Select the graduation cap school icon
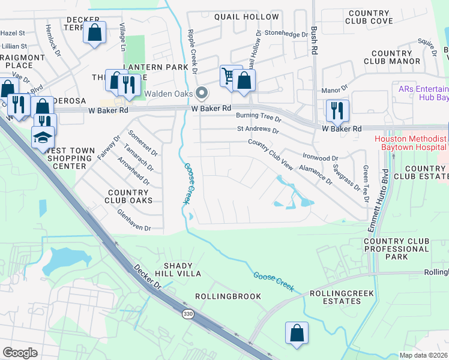(x=43, y=137)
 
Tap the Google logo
(x=20, y=353)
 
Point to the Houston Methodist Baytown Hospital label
(x=411, y=142)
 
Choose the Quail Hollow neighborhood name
(x=246, y=17)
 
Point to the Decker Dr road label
(x=149, y=278)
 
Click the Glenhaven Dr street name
(x=134, y=228)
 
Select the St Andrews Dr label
(x=258, y=130)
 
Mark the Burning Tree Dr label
(x=258, y=115)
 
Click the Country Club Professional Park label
(x=396, y=249)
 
